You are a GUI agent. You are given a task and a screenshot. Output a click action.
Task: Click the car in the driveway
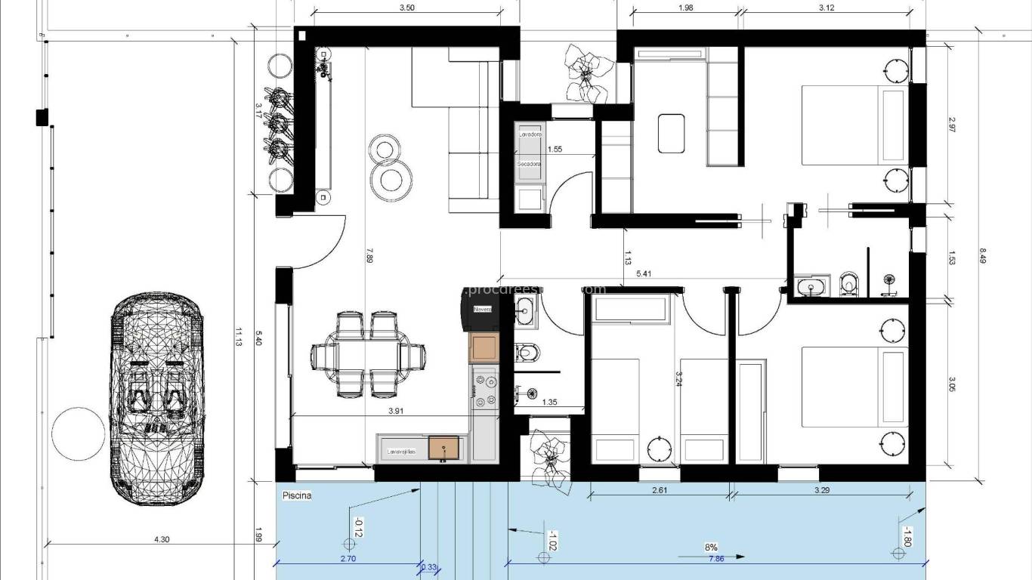click(x=158, y=400)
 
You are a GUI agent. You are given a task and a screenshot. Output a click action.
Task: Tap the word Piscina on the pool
click(x=297, y=496)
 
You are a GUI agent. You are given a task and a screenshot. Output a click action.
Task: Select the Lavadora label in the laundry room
click(x=529, y=134)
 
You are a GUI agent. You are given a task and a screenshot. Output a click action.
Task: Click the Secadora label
click(x=529, y=163)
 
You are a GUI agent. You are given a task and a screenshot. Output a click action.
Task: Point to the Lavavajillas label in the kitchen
click(x=401, y=452)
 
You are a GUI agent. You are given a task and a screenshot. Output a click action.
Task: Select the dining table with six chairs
click(x=369, y=355)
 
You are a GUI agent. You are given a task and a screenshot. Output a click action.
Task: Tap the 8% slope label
click(x=711, y=547)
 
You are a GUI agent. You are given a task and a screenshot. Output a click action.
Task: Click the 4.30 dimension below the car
click(x=161, y=539)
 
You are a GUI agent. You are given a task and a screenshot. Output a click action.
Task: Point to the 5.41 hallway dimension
click(x=644, y=273)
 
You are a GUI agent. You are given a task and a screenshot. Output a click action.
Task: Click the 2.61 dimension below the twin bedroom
click(x=658, y=490)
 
